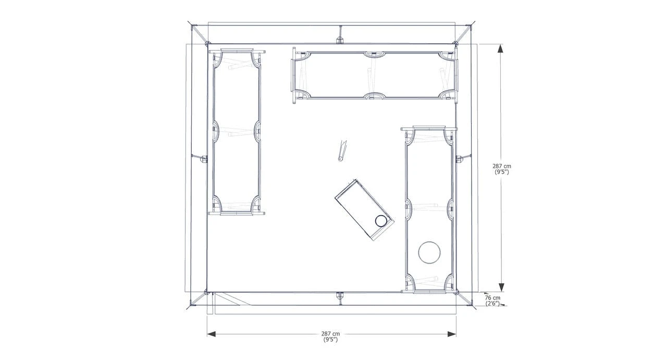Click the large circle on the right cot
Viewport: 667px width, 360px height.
click(x=429, y=242)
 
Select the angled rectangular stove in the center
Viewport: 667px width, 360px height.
click(x=364, y=209)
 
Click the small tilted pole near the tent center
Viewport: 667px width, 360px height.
click(x=342, y=151)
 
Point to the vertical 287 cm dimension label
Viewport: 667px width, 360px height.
click(x=502, y=169)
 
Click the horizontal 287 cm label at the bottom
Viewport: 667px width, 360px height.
click(x=330, y=336)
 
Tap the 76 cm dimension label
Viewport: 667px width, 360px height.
click(x=492, y=301)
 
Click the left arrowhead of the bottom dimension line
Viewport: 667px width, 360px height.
click(x=211, y=334)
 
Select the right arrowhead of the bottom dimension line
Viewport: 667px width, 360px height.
click(x=452, y=334)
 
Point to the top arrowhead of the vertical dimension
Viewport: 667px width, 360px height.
click(x=501, y=48)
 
